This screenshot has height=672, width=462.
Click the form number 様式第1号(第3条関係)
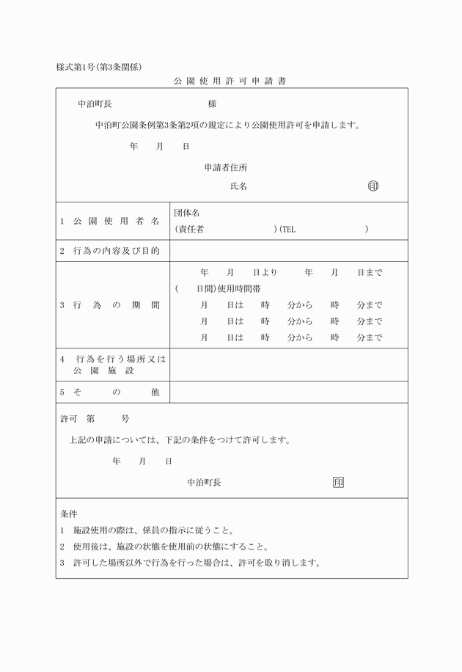[103, 67]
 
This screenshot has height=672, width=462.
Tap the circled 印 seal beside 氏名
[373, 186]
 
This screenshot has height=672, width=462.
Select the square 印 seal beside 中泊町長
[338, 482]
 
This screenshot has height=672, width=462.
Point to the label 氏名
[238, 186]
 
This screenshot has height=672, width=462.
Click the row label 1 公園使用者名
[110, 221]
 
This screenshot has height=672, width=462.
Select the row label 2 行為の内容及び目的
[110, 251]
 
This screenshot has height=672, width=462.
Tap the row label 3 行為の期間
[110, 304]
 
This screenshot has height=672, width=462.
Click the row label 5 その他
[110, 392]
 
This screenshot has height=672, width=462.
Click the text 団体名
[187, 213]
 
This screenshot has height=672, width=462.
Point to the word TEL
[287, 229]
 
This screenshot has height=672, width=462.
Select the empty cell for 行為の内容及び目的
[289, 251]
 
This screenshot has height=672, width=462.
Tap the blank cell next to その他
[289, 392]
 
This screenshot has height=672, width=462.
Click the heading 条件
[69, 513]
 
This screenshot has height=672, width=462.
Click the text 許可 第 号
[95, 419]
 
